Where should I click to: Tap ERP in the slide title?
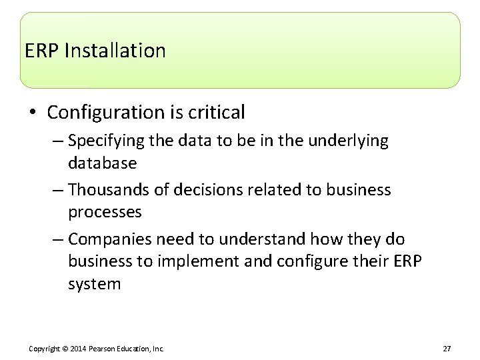[42, 51]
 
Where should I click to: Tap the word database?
[102, 163]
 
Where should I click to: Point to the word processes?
[105, 212]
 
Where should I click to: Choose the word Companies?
[108, 239]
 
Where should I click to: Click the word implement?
[193, 261]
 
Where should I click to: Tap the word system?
[94, 283]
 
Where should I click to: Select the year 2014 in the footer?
[77, 349]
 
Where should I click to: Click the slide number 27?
[447, 349]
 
